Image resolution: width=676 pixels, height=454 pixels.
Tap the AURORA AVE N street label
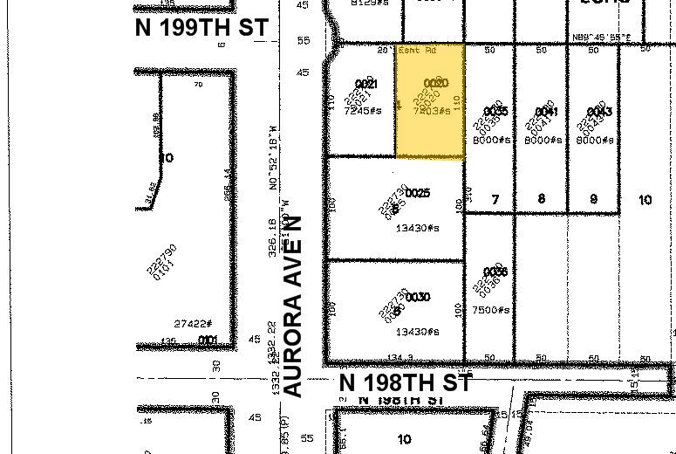(x=294, y=306)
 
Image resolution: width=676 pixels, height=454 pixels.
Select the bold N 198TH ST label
(x=406, y=382)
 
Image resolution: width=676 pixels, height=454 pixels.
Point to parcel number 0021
(x=366, y=84)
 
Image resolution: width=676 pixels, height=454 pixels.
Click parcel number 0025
(x=418, y=193)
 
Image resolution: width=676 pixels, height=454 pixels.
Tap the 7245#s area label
(x=363, y=111)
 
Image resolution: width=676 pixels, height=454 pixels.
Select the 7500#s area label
(x=492, y=310)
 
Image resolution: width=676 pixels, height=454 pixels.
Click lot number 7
(x=495, y=200)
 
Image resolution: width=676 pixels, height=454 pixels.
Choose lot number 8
(x=542, y=200)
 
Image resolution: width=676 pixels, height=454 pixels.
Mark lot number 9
(x=593, y=200)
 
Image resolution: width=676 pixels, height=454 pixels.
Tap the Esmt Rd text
(x=416, y=50)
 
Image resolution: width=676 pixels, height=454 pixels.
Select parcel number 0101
(x=207, y=340)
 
